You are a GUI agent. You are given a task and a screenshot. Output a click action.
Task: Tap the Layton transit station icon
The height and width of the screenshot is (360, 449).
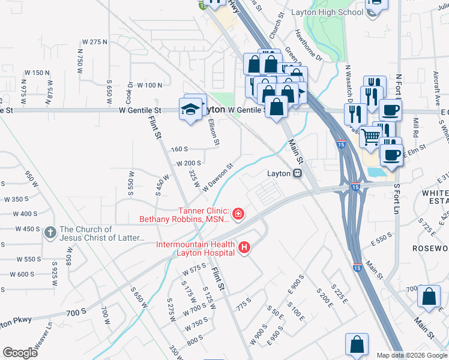[x=297, y=173]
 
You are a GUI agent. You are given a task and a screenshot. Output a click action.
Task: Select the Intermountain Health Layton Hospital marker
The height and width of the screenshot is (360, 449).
[x=244, y=247]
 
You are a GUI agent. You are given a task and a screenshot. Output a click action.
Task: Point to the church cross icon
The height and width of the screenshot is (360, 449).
[x=50, y=233]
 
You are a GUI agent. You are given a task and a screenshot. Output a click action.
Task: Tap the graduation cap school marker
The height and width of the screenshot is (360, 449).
[x=190, y=109]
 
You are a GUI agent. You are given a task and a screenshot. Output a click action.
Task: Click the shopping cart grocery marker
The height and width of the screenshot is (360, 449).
[x=370, y=137]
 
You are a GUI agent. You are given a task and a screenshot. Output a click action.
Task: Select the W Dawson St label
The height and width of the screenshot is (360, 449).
[x=217, y=178]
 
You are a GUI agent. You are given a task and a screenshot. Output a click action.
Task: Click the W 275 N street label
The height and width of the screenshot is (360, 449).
[x=94, y=42]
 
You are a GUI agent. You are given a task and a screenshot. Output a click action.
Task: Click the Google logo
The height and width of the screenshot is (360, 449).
[x=20, y=353]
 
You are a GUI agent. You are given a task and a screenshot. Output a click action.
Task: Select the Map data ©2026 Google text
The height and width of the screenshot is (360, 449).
[x=412, y=355]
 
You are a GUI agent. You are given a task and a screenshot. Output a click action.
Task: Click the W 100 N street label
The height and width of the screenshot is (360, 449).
[x=149, y=86]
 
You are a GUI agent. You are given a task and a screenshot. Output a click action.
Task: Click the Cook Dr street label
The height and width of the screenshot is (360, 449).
[x=129, y=92]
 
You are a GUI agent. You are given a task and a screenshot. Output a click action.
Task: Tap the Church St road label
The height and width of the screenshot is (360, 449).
[x=276, y=26]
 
